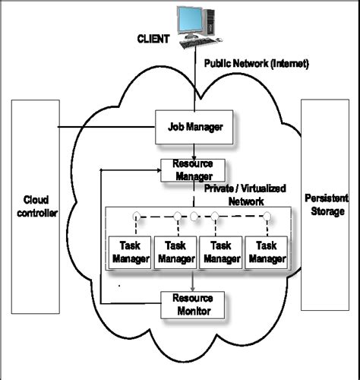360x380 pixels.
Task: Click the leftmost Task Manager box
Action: coord(130,251)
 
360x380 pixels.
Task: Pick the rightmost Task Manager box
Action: coord(266,251)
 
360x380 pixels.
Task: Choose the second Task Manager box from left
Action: coord(175,251)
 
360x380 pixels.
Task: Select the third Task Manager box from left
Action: coord(221,251)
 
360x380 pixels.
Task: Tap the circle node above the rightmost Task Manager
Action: coord(267,216)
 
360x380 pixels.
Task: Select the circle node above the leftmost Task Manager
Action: coord(137,216)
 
